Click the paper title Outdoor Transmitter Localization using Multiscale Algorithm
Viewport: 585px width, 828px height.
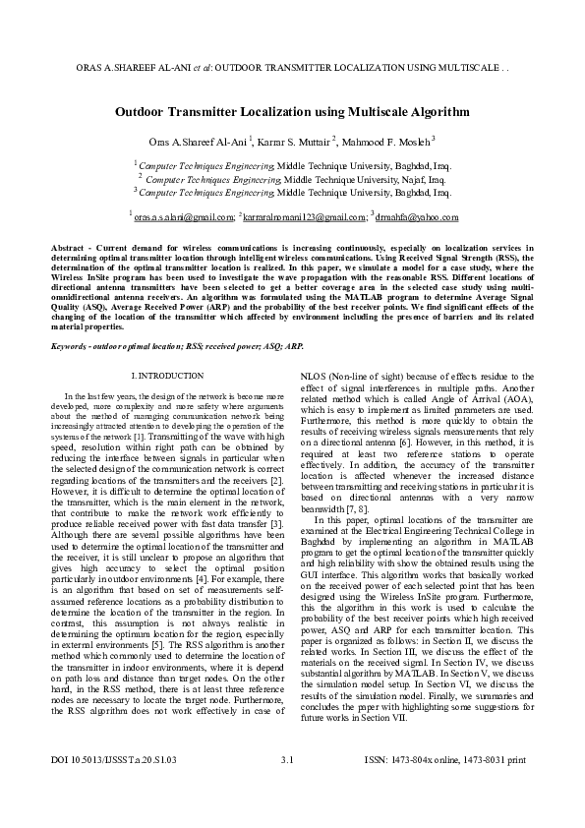[292, 113]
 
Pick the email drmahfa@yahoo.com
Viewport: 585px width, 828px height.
[418, 216]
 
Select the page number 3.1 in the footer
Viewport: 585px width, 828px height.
[288, 789]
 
